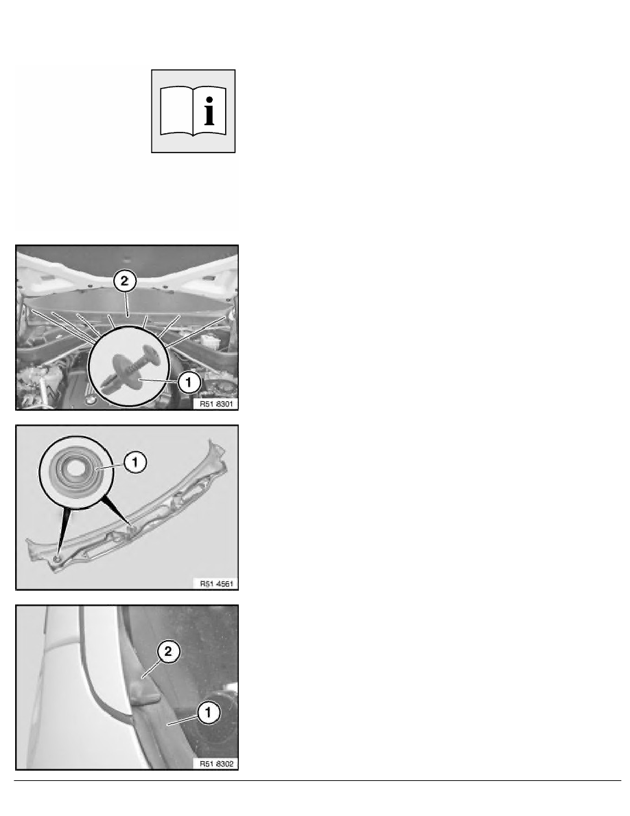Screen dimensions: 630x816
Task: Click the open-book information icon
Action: (x=194, y=111)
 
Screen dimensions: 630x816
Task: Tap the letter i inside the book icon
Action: (x=209, y=111)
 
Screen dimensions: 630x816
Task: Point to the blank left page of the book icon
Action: (x=176, y=111)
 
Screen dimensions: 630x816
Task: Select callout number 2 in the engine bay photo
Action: (x=124, y=282)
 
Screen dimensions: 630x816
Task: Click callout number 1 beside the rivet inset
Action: (x=189, y=383)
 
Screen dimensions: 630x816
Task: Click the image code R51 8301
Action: (x=216, y=403)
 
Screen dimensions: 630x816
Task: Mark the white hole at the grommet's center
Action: (x=76, y=466)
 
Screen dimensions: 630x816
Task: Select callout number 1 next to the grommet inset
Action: (x=135, y=462)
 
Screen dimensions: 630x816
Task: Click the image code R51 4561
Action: (x=216, y=583)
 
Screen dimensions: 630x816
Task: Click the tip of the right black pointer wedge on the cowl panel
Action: (x=132, y=528)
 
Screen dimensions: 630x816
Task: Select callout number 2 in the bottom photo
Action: (x=168, y=652)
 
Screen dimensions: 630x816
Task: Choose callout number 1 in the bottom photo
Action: (x=209, y=712)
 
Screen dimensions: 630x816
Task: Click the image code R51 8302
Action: (x=216, y=763)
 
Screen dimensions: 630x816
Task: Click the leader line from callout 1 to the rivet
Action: (x=159, y=381)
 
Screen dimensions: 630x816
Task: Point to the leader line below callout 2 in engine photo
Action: (x=126, y=304)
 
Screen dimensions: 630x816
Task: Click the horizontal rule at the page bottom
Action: (x=318, y=780)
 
